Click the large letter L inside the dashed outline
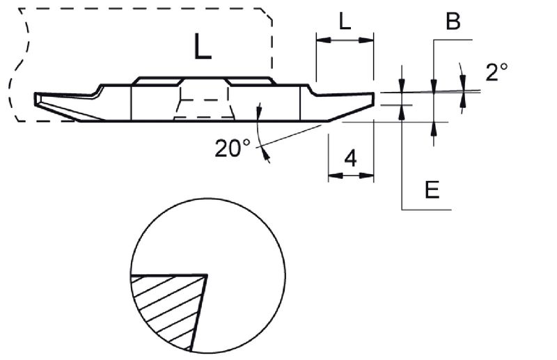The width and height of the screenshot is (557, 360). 202,47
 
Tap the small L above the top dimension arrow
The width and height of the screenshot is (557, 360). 345,22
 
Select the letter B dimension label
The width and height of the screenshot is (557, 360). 453,22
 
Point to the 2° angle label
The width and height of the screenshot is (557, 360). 496,72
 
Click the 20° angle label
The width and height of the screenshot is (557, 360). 232,148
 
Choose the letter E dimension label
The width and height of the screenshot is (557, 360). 432,190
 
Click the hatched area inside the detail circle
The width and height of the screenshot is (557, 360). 164,306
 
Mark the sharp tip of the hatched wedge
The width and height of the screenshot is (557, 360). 207,276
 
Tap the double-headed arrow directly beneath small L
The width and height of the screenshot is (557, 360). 345,41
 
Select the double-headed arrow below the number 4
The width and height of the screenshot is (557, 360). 351,175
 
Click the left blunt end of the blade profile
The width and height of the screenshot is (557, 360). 36,99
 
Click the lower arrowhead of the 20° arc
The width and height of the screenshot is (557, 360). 267,157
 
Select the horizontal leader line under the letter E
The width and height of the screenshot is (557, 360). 427,209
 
